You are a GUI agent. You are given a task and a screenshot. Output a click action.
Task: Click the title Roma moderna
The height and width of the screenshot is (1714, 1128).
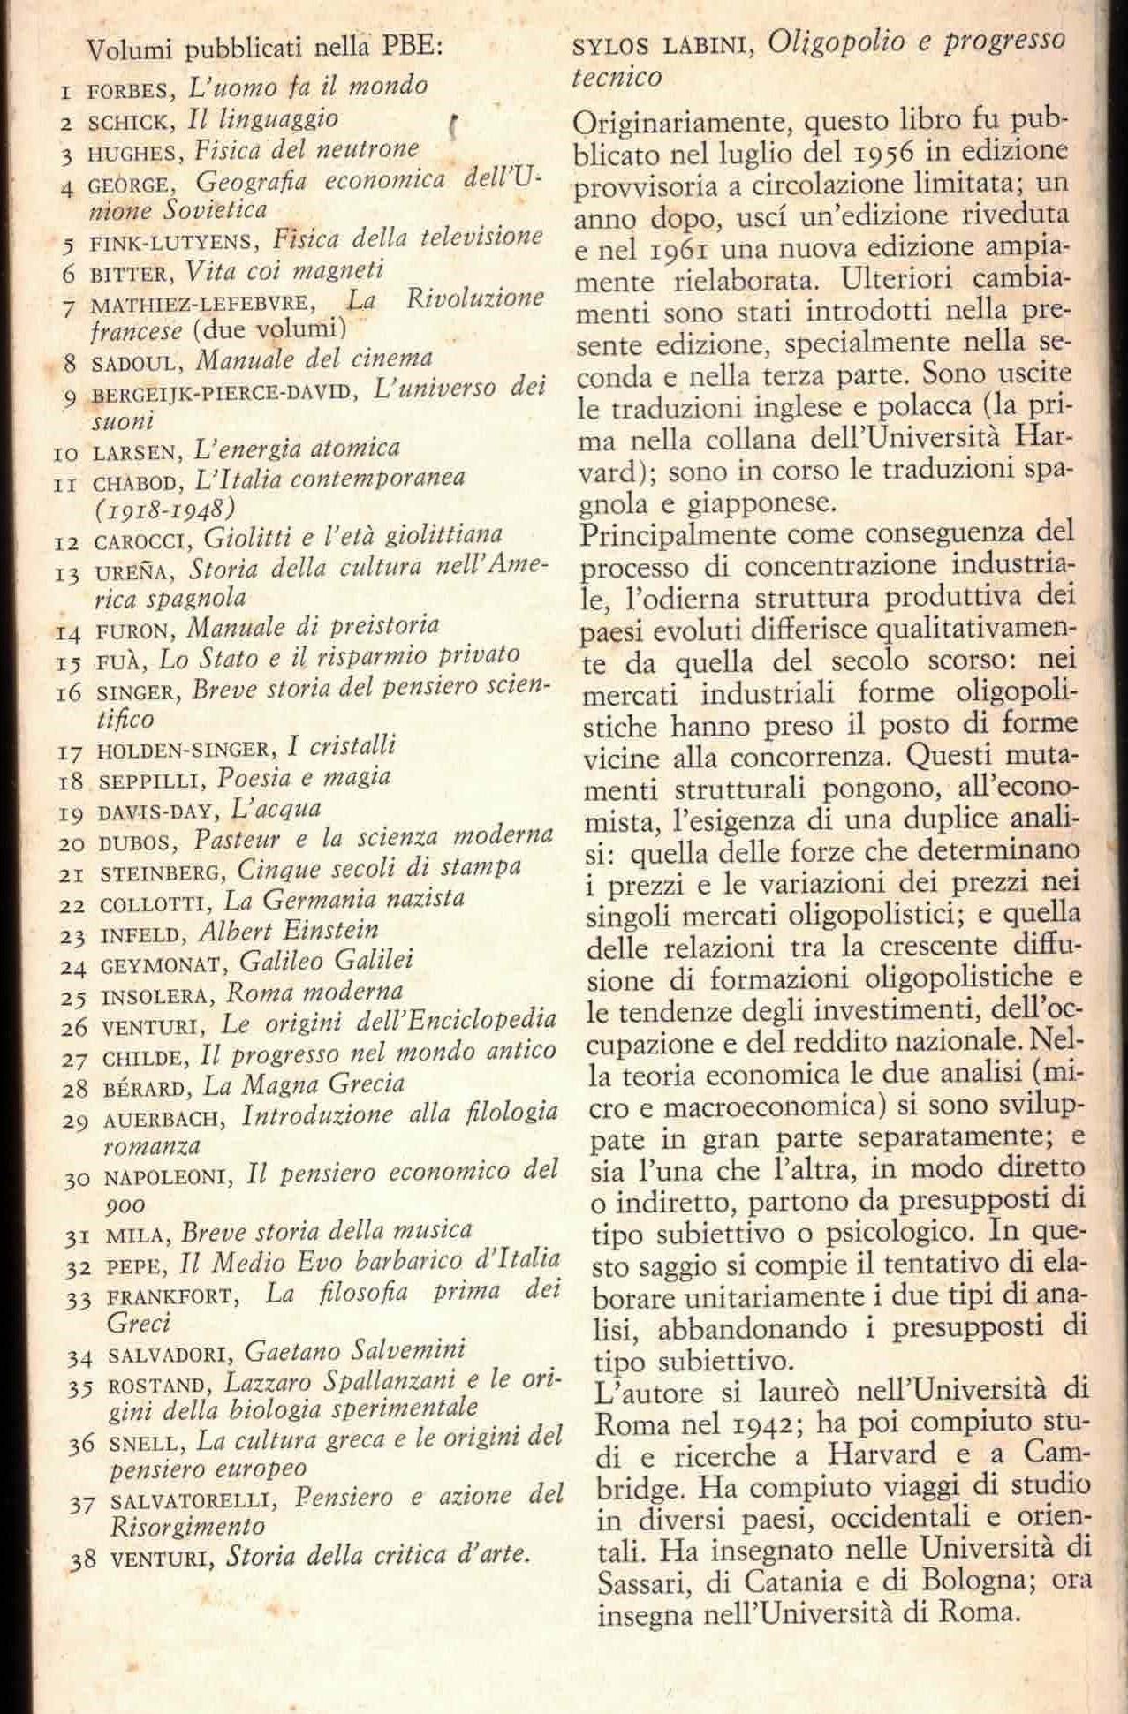tap(314, 993)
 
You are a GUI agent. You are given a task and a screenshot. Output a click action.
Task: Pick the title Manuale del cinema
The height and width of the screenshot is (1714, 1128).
tap(314, 360)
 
